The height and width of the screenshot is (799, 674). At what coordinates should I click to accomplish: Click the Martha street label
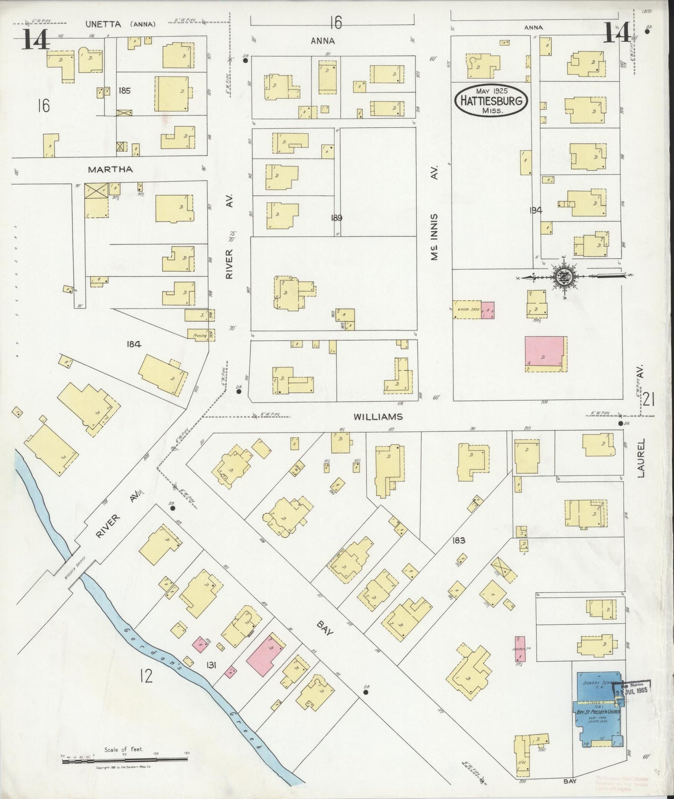coord(110,170)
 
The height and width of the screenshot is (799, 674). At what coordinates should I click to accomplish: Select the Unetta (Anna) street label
coord(120,24)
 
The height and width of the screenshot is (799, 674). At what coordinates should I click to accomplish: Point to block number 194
coord(536,210)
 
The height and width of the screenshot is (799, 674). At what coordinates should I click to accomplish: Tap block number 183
coord(459,541)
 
